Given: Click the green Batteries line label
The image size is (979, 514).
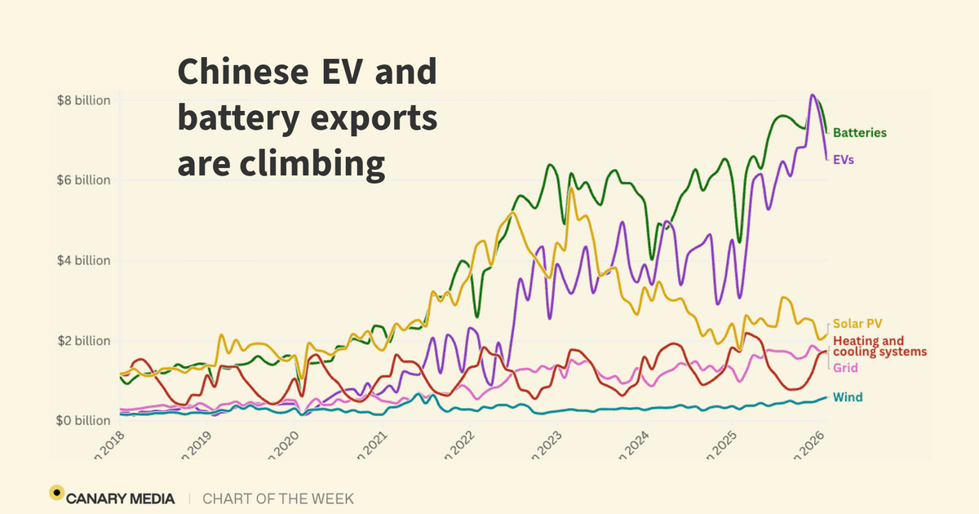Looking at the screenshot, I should click(859, 133).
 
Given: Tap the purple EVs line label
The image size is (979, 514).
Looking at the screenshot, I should click(844, 161).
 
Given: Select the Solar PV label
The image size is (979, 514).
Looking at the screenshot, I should click(857, 325).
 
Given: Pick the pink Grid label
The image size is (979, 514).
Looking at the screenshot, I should click(845, 369).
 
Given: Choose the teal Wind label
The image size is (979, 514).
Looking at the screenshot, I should click(848, 397).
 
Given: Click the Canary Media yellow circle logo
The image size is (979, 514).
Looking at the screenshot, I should click(56, 492).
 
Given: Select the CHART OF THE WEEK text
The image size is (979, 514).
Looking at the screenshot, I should click(278, 498).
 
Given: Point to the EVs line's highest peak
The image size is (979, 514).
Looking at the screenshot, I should click(813, 95).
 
